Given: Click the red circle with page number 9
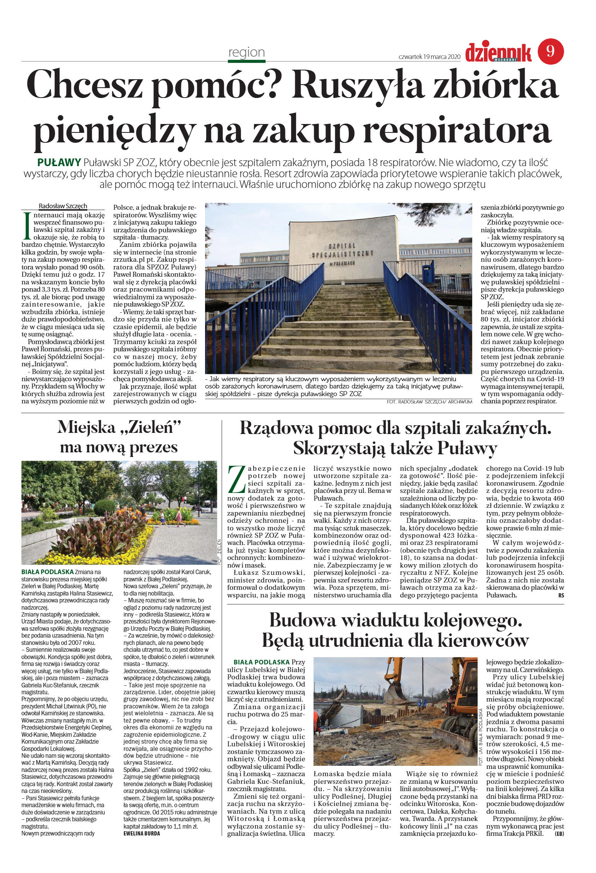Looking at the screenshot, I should [x=550, y=51].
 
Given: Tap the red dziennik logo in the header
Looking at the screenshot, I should [x=498, y=53].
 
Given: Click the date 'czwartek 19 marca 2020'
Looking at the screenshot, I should [x=429, y=57].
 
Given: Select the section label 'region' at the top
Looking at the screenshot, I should [x=246, y=52].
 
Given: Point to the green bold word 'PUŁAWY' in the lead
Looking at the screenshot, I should [x=59, y=162].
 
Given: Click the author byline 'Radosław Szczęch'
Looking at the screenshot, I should [x=63, y=206].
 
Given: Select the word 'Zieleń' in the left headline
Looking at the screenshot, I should [x=148, y=427].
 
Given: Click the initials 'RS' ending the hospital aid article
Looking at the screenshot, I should [x=561, y=595].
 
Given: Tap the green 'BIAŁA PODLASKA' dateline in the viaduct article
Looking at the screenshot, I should [x=261, y=662].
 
